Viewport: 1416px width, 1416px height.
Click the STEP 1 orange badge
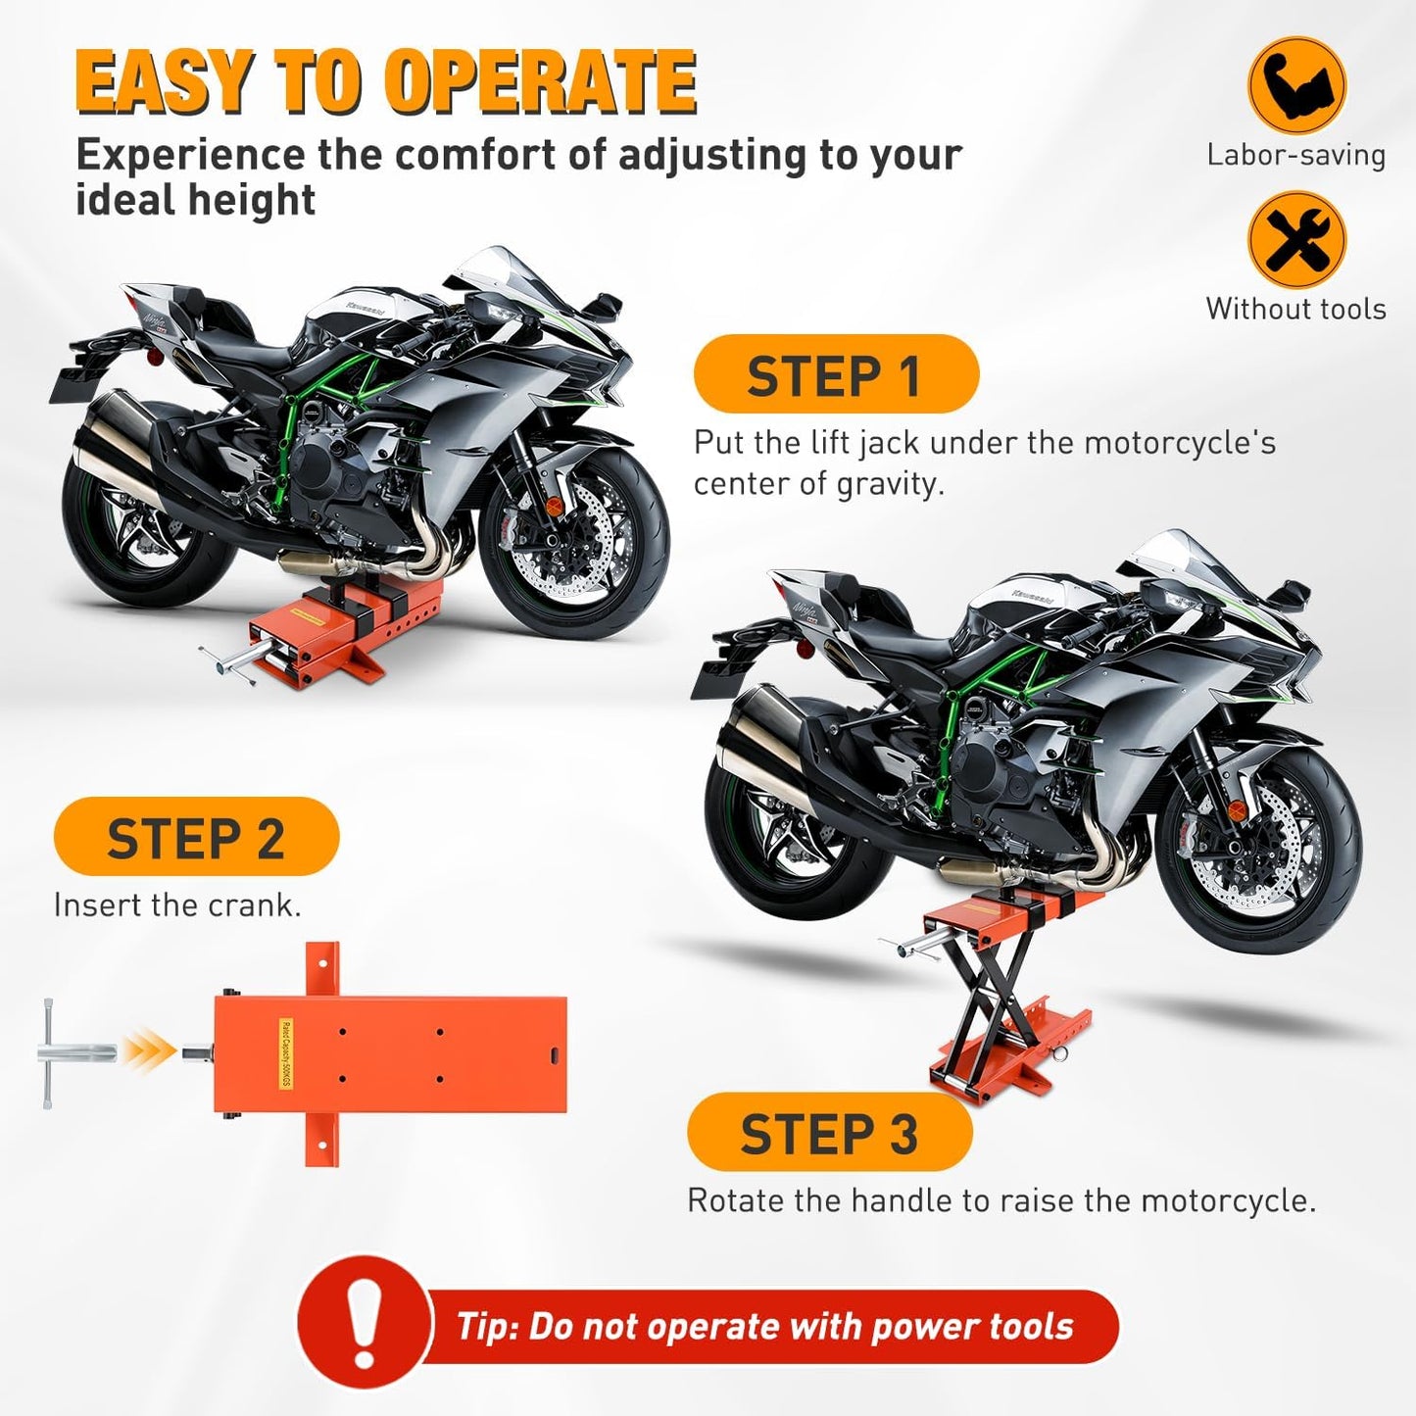[835, 374]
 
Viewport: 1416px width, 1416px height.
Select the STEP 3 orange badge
[829, 1133]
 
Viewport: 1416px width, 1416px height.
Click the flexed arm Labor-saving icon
[1295, 85]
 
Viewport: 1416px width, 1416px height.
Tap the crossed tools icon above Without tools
[1295, 239]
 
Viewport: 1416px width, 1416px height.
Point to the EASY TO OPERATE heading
[386, 82]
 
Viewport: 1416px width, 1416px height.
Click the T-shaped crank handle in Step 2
[69, 1053]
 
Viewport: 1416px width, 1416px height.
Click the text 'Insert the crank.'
[177, 905]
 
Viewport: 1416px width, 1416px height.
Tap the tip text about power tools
[764, 1327]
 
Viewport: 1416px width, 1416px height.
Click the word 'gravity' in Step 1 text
[882, 484]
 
